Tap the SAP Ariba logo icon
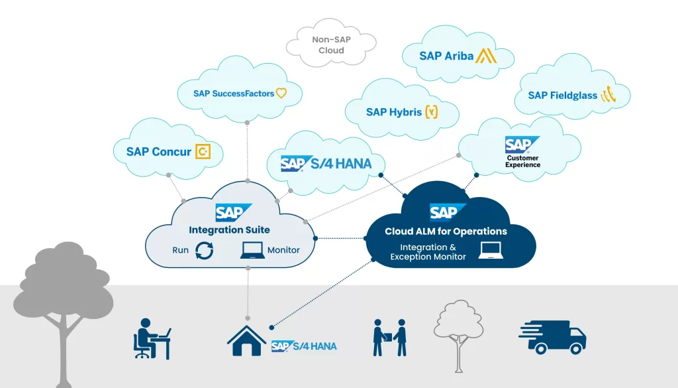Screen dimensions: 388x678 pyautogui.click(x=487, y=56)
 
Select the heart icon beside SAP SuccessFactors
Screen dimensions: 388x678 pyautogui.click(x=281, y=94)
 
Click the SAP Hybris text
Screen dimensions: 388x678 pyautogui.click(x=394, y=112)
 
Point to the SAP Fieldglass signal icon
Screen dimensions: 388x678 pyautogui.click(x=608, y=96)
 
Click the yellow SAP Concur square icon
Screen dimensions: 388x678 pyautogui.click(x=204, y=152)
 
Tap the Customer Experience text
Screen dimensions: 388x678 pyautogui.click(x=522, y=161)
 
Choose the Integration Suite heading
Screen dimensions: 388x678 pyautogui.click(x=229, y=230)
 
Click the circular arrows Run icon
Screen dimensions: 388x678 pyautogui.click(x=205, y=251)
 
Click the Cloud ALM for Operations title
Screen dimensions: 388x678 pyautogui.click(x=446, y=231)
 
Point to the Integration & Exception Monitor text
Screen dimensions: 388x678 pyautogui.click(x=428, y=252)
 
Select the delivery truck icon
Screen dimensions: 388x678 pyautogui.click(x=552, y=338)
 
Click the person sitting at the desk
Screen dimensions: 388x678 pyautogui.click(x=152, y=338)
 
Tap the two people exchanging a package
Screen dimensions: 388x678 pyautogui.click(x=389, y=338)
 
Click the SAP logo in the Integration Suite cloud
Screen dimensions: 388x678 pyautogui.click(x=232, y=213)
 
